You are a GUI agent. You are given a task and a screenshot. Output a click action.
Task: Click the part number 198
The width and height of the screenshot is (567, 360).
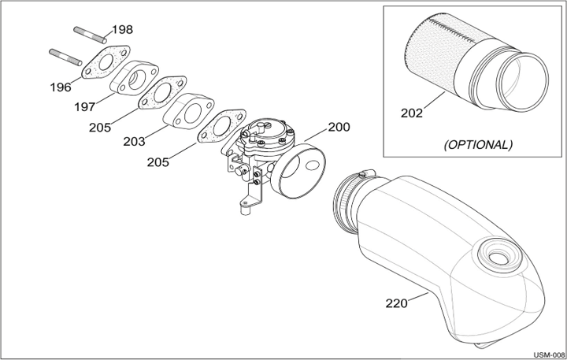point(122,30)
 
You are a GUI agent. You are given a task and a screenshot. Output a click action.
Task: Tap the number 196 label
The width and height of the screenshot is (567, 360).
point(61,87)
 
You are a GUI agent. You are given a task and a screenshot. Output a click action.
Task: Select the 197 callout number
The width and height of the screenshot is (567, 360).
point(85,107)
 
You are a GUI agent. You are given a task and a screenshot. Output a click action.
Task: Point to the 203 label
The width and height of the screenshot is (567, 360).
point(134,142)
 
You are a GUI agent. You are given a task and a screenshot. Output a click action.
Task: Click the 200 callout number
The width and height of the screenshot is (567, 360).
point(339,127)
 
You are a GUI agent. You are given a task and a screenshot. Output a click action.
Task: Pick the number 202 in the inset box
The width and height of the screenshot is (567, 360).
point(412,113)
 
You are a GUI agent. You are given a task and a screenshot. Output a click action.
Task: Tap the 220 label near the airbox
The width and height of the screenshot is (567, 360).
point(396,303)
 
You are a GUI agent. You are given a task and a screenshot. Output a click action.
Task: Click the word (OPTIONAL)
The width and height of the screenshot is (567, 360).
point(478,145)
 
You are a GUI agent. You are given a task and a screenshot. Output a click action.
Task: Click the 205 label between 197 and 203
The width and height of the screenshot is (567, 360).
point(100,128)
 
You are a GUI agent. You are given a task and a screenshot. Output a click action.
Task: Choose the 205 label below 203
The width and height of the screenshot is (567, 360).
point(157,162)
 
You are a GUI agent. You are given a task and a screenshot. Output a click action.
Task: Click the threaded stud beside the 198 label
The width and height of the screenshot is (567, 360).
point(91,35)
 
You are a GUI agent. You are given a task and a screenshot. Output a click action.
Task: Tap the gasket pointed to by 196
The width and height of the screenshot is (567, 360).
point(106,62)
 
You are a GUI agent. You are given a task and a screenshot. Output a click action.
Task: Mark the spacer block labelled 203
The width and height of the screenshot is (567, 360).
point(188,111)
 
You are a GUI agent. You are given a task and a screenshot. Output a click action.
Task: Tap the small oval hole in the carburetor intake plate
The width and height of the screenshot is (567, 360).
point(312,165)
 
